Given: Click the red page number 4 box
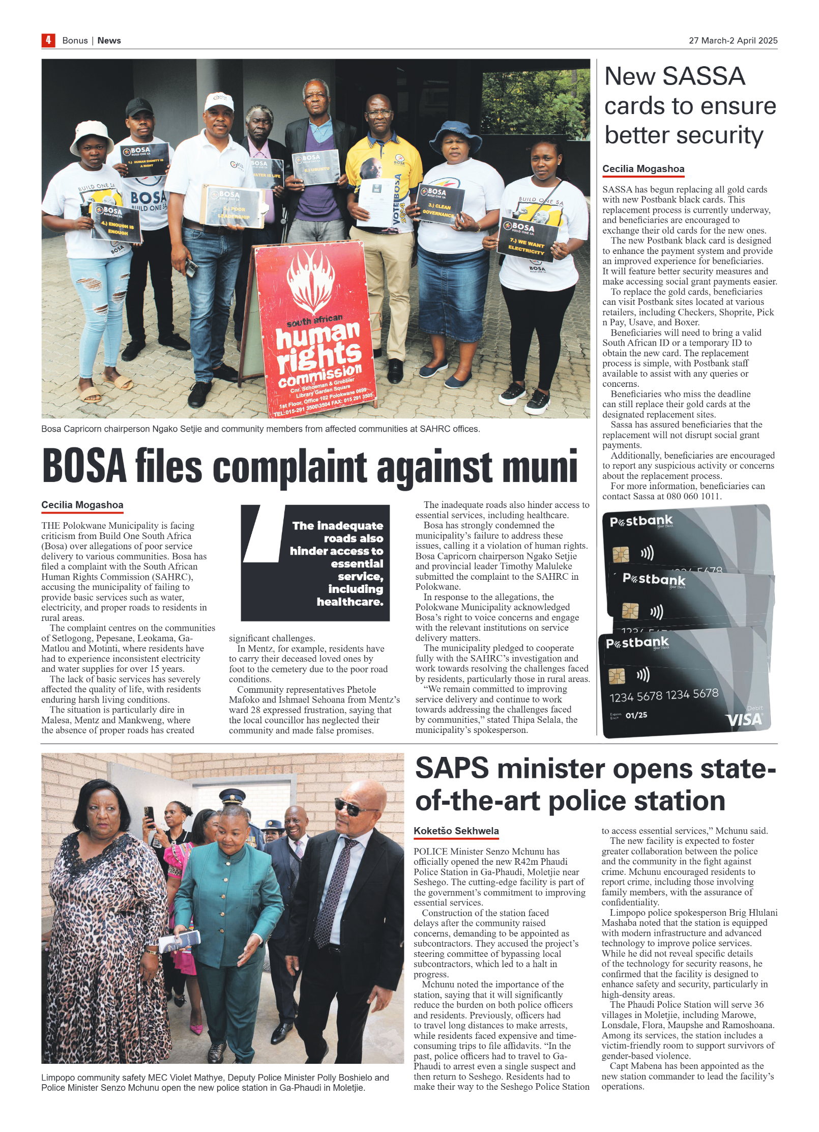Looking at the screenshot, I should [x=48, y=40].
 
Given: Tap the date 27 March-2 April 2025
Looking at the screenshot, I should [x=733, y=41].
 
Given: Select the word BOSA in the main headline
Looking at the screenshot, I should [x=84, y=466].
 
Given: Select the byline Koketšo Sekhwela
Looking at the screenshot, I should [x=456, y=831].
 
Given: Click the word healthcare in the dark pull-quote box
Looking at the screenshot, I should [x=349, y=602].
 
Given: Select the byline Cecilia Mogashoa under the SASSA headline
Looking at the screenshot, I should [x=643, y=169].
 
